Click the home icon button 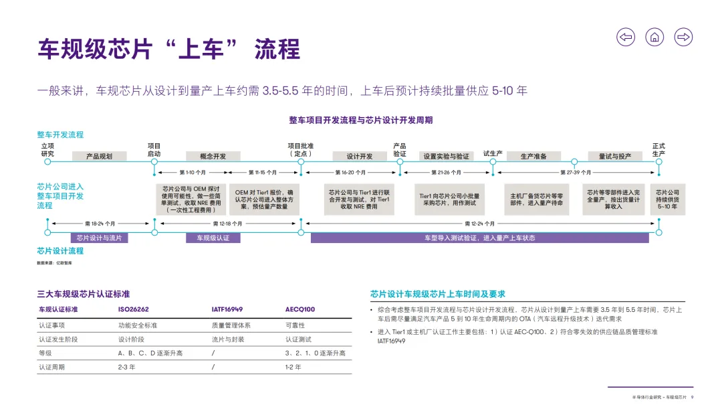click(x=654, y=37)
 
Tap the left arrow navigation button click(x=626, y=37)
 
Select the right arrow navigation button click(x=683, y=37)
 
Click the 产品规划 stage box click(x=98, y=156)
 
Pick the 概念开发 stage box click(x=213, y=156)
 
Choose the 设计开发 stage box click(x=359, y=156)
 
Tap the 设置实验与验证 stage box click(x=446, y=156)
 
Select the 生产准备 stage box click(x=533, y=156)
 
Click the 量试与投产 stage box click(x=615, y=156)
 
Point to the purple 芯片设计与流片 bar click(x=99, y=238)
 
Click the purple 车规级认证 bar click(x=213, y=238)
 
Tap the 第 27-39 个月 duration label click(x=576, y=172)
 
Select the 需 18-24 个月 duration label click(x=100, y=224)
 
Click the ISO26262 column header click(x=134, y=310)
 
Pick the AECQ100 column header click(x=300, y=310)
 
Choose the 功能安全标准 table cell click(x=138, y=325)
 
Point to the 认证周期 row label click(x=51, y=367)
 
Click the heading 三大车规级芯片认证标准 click(x=84, y=294)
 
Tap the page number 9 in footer click(x=692, y=398)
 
